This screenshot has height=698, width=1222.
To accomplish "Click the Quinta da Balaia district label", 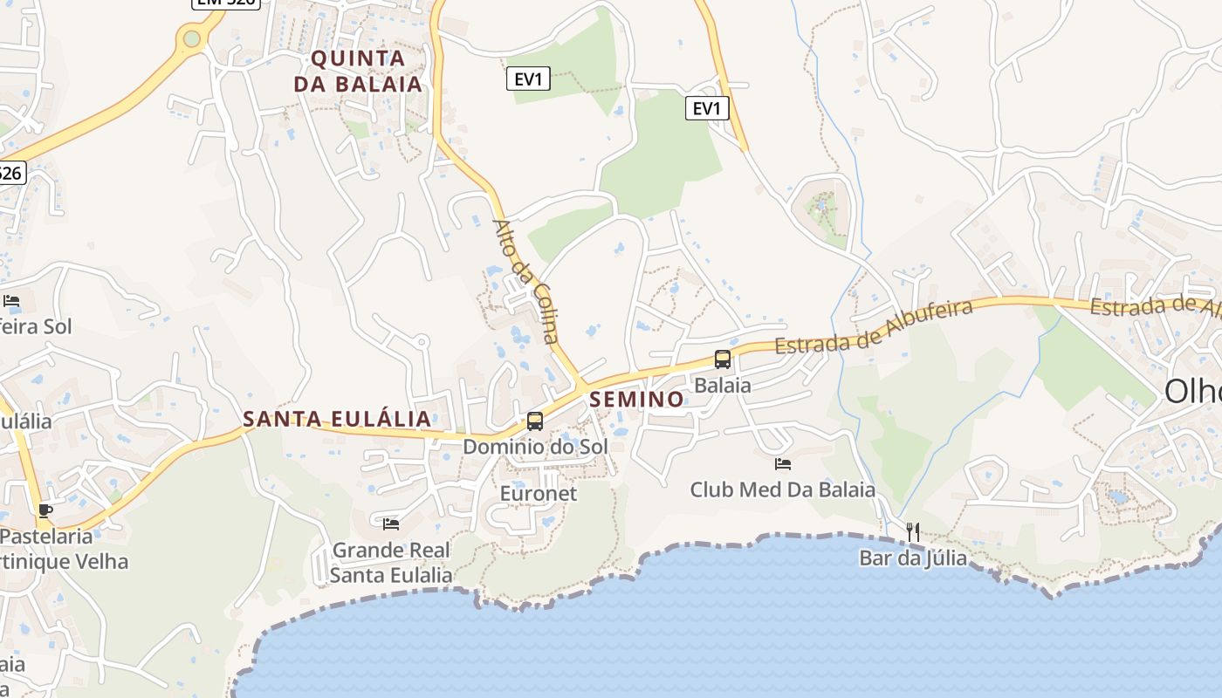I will [x=358, y=71].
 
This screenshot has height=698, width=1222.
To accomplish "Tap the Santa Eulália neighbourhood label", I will [x=337, y=419].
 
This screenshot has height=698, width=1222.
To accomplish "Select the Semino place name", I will [x=637, y=400].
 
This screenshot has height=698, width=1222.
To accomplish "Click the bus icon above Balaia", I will [x=723, y=359].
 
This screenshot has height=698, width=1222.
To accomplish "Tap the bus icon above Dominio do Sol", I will [x=535, y=421].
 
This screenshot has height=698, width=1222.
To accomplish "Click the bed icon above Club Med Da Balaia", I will [x=783, y=464].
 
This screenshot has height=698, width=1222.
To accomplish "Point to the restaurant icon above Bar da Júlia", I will [x=913, y=531].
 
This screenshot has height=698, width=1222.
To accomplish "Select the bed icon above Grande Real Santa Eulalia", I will [x=391, y=523].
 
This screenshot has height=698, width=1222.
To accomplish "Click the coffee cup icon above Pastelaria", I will [x=45, y=510].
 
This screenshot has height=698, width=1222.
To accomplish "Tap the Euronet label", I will [x=539, y=493].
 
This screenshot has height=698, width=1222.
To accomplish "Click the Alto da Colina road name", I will [x=525, y=281].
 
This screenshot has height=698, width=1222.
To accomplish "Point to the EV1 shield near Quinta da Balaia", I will [x=528, y=79].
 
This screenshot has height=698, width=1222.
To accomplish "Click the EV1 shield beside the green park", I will [x=707, y=108].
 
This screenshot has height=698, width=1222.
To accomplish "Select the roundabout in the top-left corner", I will [x=191, y=38].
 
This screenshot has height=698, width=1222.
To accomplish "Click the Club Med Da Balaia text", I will [x=782, y=489].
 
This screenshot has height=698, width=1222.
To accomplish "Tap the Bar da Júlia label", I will [x=913, y=558].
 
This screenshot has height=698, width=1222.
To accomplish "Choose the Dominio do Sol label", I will [x=535, y=447].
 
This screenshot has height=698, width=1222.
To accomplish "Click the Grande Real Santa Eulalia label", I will [x=391, y=563].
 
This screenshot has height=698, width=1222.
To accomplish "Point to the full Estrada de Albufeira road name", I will [x=874, y=326].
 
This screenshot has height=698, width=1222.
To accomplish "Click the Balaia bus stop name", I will [x=723, y=385].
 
